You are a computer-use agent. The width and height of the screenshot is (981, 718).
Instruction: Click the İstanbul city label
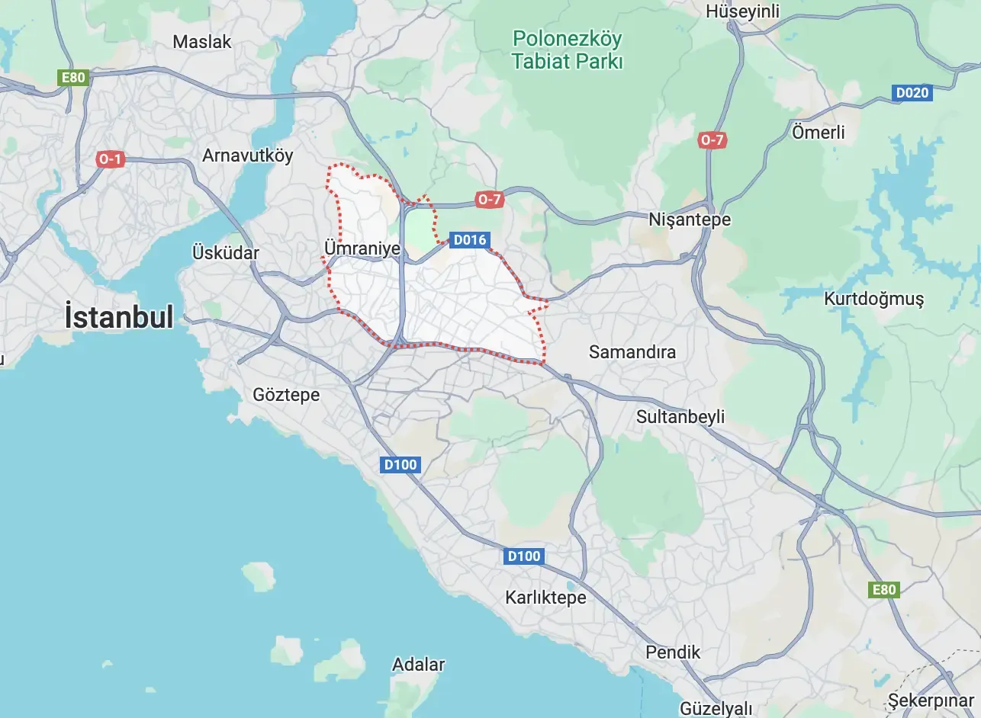(x=119, y=316)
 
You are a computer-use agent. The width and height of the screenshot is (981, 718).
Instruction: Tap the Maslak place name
(x=202, y=42)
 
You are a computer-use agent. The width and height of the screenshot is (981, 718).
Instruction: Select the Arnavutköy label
(x=247, y=155)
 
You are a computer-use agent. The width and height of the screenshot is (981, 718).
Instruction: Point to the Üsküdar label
(x=226, y=253)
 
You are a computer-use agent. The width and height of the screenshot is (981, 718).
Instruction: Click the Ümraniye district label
(x=362, y=248)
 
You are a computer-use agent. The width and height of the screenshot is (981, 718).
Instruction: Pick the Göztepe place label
(x=286, y=395)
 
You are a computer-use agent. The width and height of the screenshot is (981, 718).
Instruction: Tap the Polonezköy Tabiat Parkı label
(x=567, y=50)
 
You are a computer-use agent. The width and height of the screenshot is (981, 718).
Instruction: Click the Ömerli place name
(x=819, y=132)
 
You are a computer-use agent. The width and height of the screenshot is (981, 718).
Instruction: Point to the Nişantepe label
(x=690, y=220)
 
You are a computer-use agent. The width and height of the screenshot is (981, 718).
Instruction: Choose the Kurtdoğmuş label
(x=873, y=299)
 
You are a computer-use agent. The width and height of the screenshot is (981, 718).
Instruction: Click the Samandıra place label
(x=632, y=352)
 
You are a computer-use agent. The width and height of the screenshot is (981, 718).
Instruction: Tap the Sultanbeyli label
(x=680, y=417)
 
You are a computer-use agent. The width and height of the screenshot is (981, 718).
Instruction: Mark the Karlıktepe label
(x=545, y=598)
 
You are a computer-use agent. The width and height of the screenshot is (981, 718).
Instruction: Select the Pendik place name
(x=673, y=652)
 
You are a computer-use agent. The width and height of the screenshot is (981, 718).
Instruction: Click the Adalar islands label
(x=418, y=665)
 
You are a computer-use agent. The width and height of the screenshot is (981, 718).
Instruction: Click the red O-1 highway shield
(x=111, y=159)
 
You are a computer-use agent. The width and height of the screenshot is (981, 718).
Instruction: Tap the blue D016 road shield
(x=469, y=240)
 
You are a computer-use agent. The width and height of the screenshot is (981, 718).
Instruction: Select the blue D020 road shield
(x=912, y=93)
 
